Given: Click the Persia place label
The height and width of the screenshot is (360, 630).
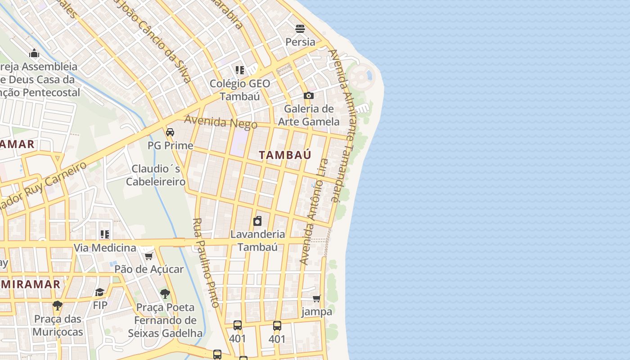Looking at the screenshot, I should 300,42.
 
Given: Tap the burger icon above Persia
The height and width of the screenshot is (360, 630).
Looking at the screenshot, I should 300,29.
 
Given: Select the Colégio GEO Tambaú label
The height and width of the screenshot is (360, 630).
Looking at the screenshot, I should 240,90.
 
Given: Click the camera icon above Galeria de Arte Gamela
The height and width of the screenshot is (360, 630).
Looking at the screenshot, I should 308,95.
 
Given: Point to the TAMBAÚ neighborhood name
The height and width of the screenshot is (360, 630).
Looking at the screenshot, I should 285,155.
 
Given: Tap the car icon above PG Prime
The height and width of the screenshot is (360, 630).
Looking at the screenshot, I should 170,132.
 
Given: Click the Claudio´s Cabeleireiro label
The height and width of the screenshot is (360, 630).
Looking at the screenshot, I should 156,175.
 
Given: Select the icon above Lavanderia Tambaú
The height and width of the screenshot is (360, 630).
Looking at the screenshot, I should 257,221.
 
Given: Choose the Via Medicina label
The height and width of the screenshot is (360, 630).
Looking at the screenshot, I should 104,247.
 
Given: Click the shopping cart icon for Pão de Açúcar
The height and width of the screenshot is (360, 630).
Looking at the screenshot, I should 148,256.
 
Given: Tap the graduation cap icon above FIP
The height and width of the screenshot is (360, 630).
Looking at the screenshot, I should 100,292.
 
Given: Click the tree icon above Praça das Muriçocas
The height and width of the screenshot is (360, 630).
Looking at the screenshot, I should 57,306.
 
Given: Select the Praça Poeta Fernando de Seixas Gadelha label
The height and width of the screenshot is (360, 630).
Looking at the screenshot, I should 165,320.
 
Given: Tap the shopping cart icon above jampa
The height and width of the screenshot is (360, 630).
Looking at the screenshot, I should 317,298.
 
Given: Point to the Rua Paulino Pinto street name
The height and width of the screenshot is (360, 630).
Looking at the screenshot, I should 206,263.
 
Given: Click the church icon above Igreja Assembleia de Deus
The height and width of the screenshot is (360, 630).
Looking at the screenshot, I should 34,54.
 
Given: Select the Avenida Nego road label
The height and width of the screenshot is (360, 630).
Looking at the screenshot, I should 220,122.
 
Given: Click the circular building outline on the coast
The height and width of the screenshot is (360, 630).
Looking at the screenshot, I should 360,77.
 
